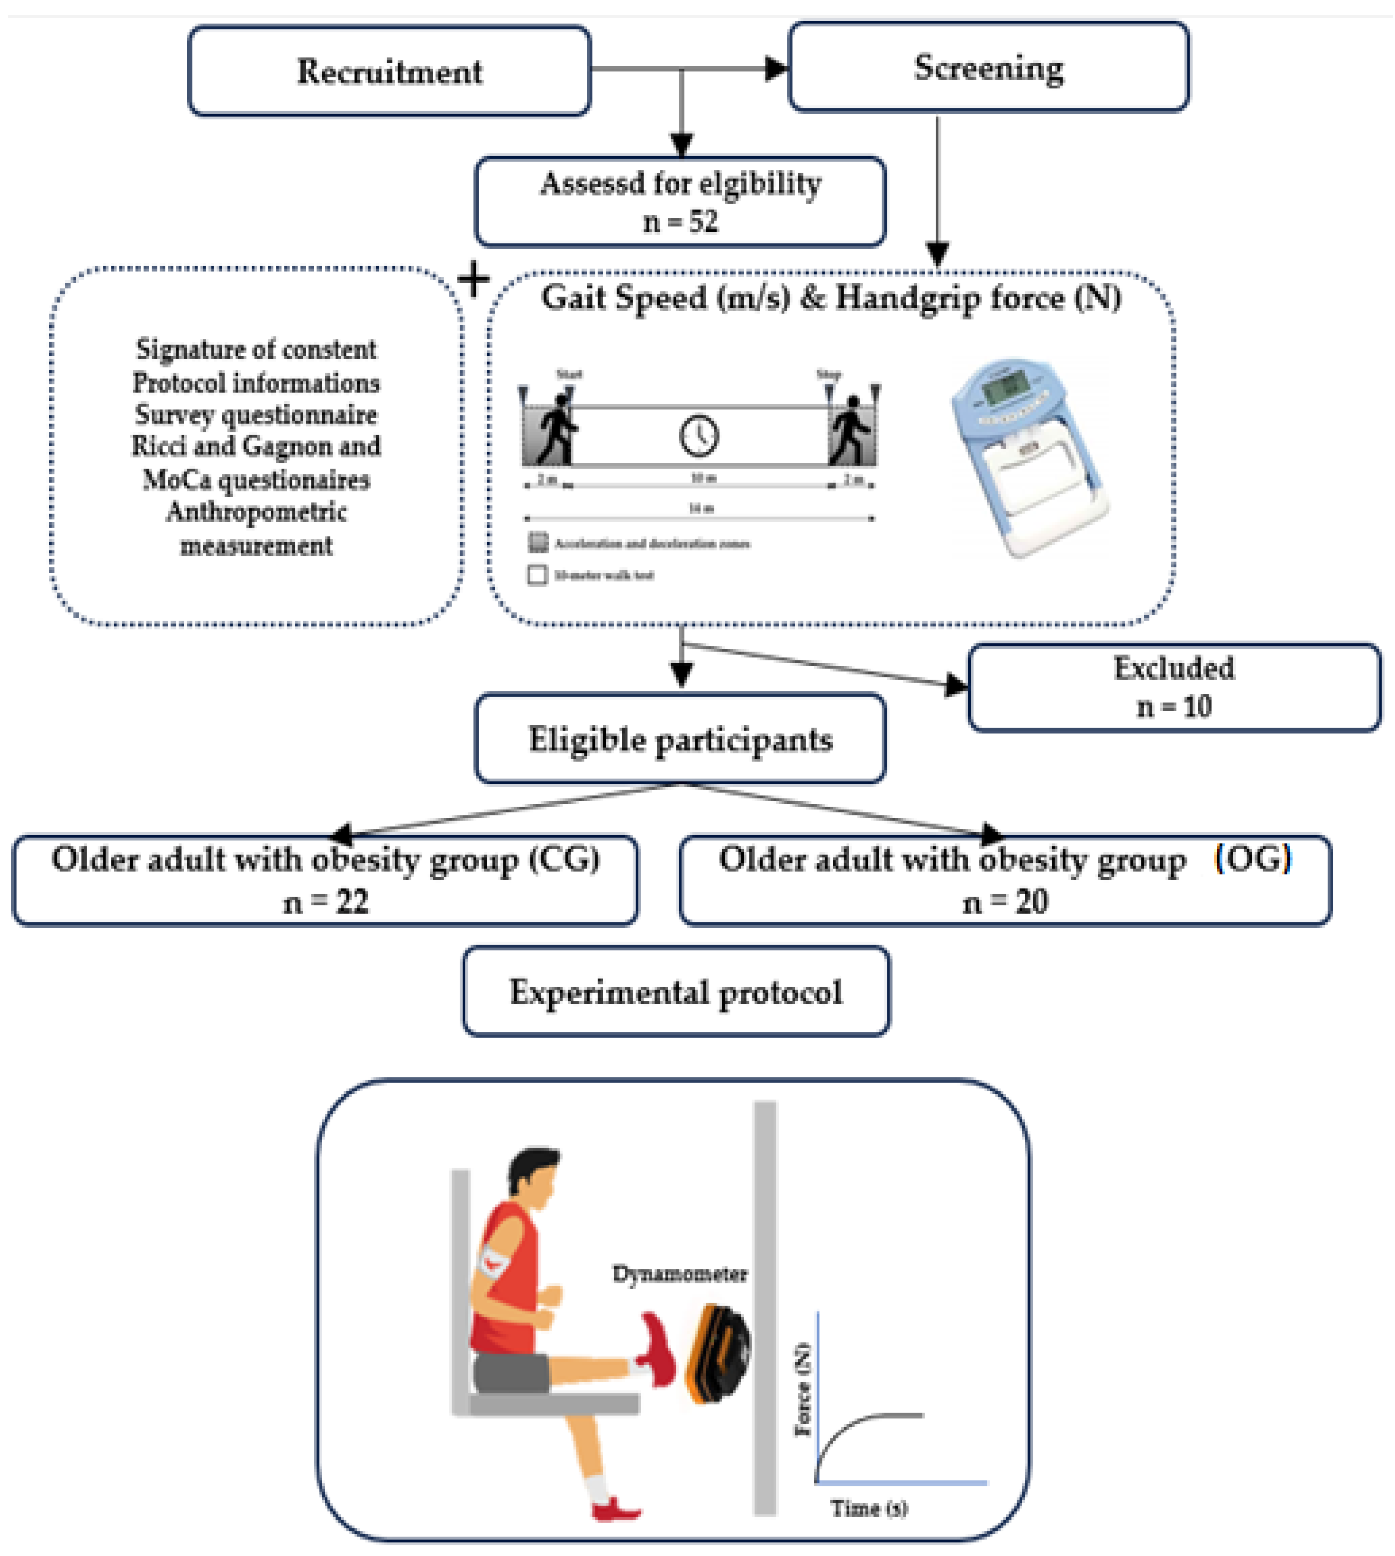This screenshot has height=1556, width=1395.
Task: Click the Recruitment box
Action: pyautogui.click(x=389, y=71)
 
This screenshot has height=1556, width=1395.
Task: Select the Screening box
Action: pyautogui.click(x=989, y=67)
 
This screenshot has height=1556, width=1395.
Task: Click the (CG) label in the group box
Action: pyautogui.click(x=565, y=859)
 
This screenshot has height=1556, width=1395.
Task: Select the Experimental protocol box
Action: pyautogui.click(x=676, y=992)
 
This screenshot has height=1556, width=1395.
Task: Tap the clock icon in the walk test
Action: pyautogui.click(x=699, y=435)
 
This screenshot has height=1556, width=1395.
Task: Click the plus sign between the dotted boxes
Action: pyautogui.click(x=474, y=280)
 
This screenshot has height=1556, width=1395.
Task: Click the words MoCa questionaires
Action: pyautogui.click(x=256, y=480)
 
